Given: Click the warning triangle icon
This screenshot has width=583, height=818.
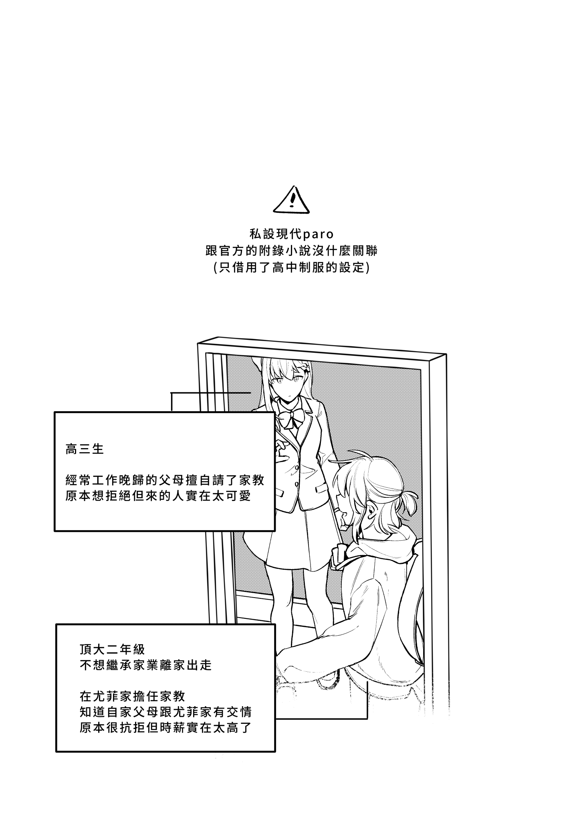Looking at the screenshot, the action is tap(291, 200).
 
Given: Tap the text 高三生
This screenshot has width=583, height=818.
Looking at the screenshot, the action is tap(85, 449).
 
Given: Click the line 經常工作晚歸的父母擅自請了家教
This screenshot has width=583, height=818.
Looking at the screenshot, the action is tap(165, 480).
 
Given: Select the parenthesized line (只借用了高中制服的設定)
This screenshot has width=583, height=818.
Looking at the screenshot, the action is tap(291, 267).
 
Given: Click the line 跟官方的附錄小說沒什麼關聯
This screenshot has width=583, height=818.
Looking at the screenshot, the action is tap(291, 251).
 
